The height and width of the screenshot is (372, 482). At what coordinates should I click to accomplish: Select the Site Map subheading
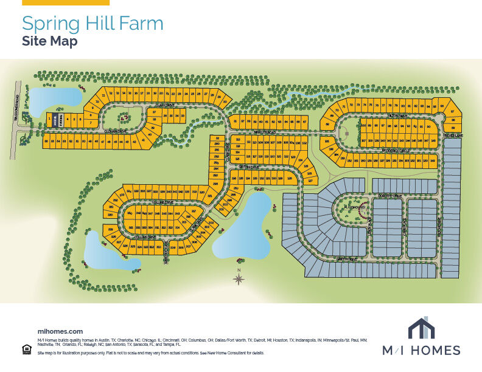coord(49,41)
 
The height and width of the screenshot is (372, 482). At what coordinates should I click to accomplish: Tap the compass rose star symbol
coord(239,279)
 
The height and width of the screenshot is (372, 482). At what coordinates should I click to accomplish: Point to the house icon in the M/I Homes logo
coord(421,328)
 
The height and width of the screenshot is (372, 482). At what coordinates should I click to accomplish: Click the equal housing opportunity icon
coord(26,349)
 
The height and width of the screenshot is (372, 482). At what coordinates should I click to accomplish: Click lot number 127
coord(310,181)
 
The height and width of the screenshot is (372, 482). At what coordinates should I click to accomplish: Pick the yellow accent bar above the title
coord(66,2)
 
